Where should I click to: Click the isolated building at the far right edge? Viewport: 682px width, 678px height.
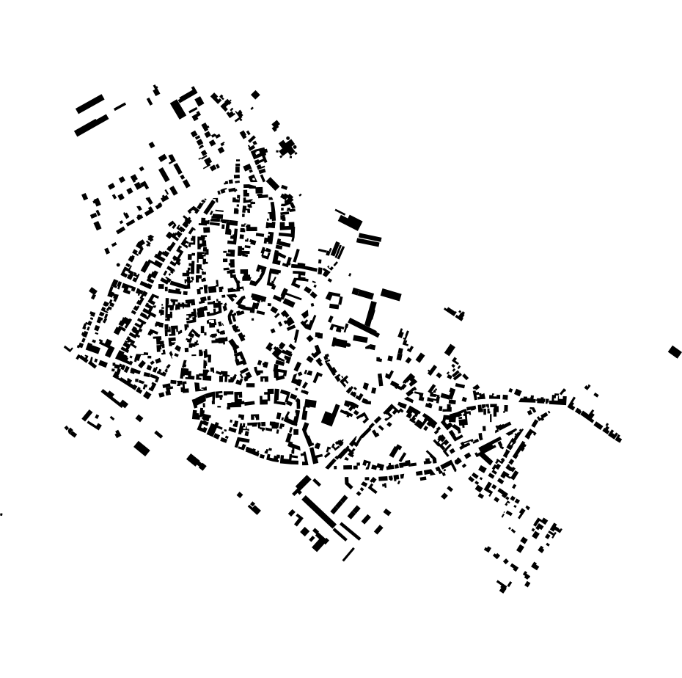tap(675, 352)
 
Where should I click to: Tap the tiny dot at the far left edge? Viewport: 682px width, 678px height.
tap(1, 514)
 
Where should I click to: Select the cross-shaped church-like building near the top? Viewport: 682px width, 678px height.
tap(287, 148)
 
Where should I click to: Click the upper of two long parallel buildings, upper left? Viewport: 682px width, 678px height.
tap(89, 104)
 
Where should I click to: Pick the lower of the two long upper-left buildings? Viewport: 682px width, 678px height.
tap(91, 125)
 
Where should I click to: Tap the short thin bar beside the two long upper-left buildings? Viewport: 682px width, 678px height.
tap(120, 106)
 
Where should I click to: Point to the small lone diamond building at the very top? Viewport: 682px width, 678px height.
tap(255, 95)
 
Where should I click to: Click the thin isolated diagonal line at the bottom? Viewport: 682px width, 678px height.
tap(348, 555)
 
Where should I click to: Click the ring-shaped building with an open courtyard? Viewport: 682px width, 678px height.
tap(334, 300)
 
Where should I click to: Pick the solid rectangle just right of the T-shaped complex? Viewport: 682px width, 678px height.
tap(391, 295)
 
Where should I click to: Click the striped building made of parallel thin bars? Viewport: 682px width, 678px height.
tap(337, 250)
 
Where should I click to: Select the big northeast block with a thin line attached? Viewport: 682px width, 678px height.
tap(351, 221)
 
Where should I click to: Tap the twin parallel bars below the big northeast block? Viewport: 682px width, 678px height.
tap(369, 239)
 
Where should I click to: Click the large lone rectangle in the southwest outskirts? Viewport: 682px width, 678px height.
tap(142, 448)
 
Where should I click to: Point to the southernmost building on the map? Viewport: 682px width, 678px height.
tap(502, 588)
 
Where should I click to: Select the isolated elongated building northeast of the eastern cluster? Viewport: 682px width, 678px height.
tap(455, 313)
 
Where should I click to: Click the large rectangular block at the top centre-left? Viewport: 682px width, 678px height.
tap(178, 109)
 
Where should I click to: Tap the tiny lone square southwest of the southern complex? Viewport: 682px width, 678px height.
tap(240, 495)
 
